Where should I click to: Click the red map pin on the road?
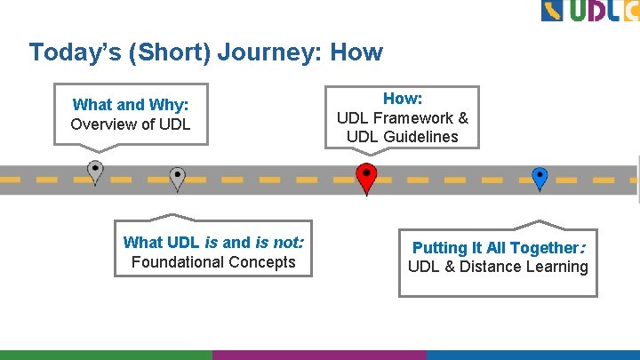(x=366, y=176)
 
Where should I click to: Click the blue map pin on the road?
(x=540, y=177)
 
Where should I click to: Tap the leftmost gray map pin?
(x=95, y=171)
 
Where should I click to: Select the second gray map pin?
(x=177, y=178)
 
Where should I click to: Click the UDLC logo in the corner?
(x=589, y=12)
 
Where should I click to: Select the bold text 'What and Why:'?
(x=130, y=105)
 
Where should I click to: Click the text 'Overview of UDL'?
(x=130, y=124)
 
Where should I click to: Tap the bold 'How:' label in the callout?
(x=402, y=99)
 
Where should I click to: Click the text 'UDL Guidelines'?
(x=403, y=137)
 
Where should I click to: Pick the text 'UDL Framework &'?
(x=403, y=118)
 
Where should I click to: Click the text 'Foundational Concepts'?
(x=213, y=262)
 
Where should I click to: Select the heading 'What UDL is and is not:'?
(x=213, y=243)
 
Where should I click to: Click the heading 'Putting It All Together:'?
(x=498, y=248)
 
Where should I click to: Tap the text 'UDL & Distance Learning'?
(x=498, y=267)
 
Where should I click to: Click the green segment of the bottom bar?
(x=106, y=355)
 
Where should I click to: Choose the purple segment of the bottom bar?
(x=319, y=355)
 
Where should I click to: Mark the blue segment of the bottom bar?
(x=532, y=355)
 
